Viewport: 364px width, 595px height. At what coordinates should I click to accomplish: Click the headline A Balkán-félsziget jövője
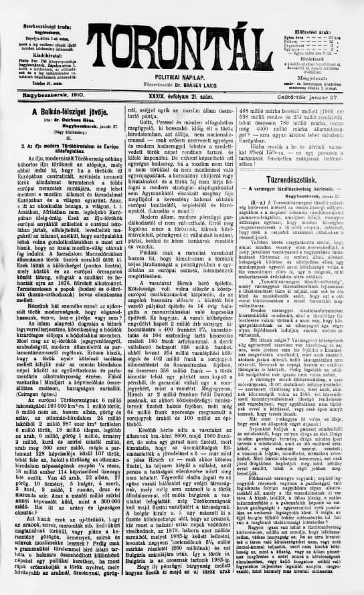coord(64,110)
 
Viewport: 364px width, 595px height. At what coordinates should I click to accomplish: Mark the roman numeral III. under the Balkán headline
coord(64,136)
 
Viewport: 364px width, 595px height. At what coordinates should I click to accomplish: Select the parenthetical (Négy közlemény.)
coord(64,130)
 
